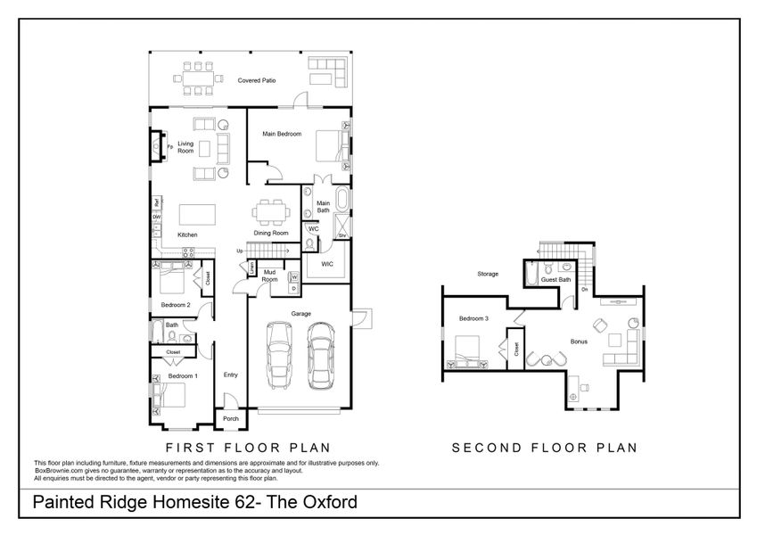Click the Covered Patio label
[256, 81]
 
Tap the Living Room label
[185, 147]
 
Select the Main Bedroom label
[282, 134]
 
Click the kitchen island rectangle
[198, 215]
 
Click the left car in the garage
[279, 354]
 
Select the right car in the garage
[320, 354]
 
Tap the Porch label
[230, 419]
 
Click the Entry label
[230, 374]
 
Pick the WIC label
[326, 265]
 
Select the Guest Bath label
[555, 279]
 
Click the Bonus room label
[579, 342]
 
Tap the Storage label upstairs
[487, 274]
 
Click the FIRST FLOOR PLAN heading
[249, 448]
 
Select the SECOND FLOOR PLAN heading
[545, 448]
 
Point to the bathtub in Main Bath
[342, 198]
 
